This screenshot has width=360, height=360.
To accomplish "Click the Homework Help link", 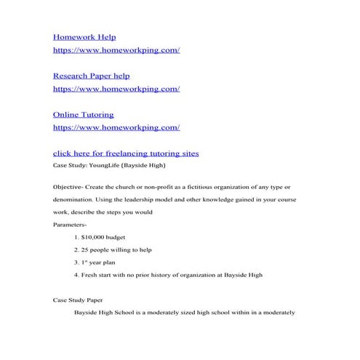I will (x=84, y=37).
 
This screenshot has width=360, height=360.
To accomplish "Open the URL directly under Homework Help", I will (x=116, y=50).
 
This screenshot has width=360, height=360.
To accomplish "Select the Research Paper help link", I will (x=92, y=76).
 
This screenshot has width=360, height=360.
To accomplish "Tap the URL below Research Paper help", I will (x=116, y=89).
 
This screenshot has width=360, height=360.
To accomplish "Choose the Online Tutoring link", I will (x=84, y=114).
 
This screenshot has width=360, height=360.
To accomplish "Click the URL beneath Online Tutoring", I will (x=116, y=127).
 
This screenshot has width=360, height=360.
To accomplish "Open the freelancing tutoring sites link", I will (x=126, y=153).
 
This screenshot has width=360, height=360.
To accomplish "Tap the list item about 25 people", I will (x=117, y=249).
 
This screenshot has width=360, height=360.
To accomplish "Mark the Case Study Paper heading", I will (x=78, y=300).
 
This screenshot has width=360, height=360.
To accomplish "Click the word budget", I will (x=121, y=237).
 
